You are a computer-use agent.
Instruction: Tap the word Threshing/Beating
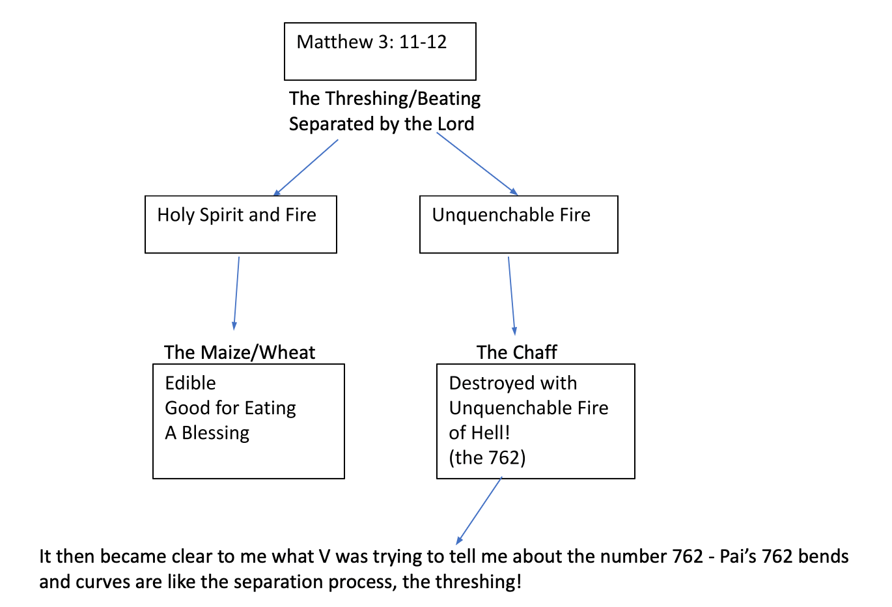pos(403,99)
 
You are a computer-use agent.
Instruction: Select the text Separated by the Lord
pos(382,124)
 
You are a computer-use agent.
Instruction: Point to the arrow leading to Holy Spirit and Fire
pos(305,167)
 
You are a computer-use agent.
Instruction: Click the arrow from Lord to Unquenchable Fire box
pos(477,163)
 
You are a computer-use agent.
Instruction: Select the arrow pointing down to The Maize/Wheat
pos(236,294)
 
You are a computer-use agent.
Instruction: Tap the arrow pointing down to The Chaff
pos(512,296)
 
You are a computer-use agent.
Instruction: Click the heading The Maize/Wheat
pos(240,352)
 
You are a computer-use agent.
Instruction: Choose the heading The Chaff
pos(516,352)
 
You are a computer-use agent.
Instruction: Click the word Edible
pos(190,383)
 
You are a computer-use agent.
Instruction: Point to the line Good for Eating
pos(230,408)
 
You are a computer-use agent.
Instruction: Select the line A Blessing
pos(207,433)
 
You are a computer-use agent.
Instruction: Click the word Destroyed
pos(490,384)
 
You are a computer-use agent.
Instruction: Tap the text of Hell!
pos(479,433)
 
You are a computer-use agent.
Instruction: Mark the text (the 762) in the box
pos(487,458)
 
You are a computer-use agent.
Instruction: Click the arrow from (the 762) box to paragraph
pos(479,511)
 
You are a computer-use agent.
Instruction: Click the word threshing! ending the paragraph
pos(478,582)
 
